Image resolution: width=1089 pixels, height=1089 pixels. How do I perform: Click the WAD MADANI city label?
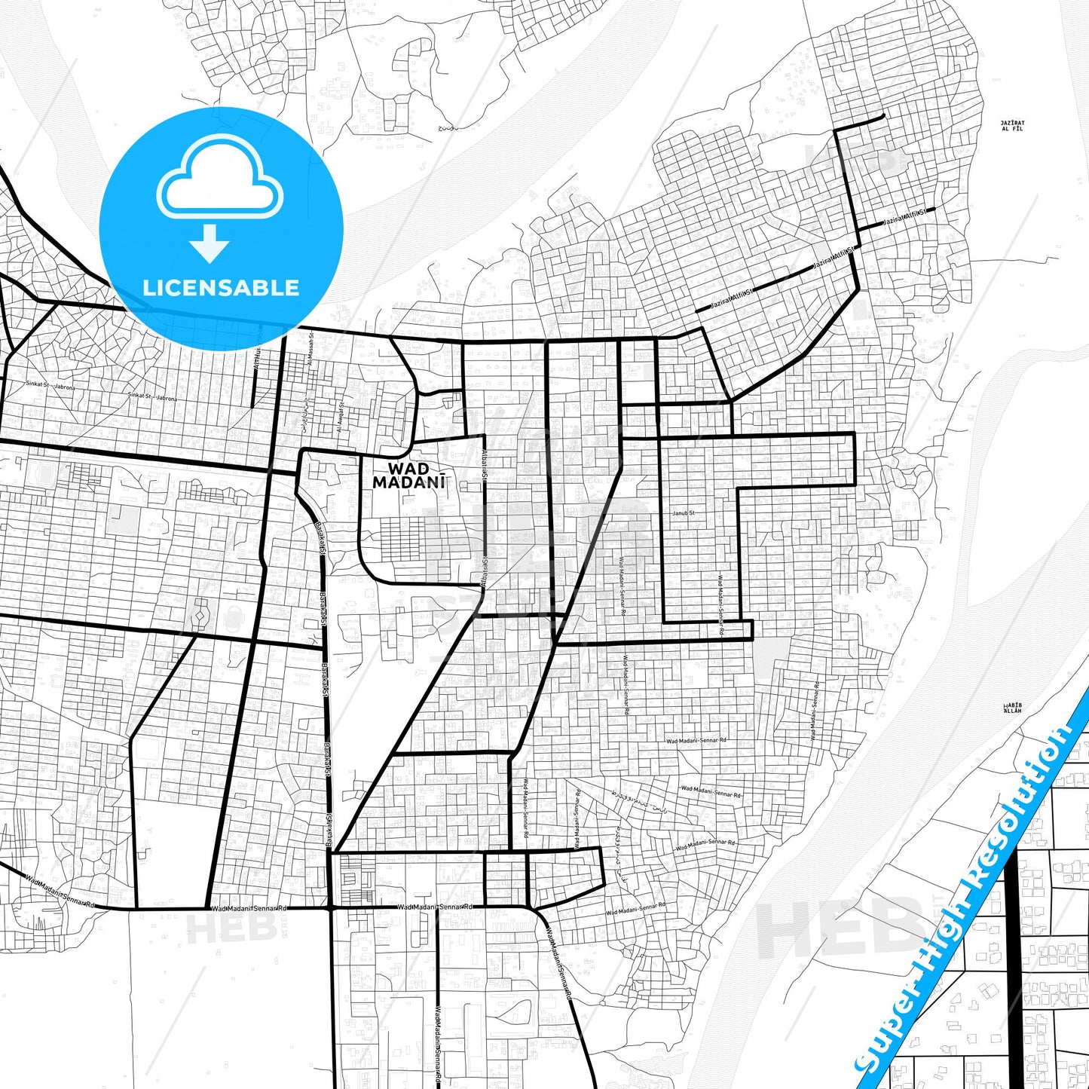[408, 477]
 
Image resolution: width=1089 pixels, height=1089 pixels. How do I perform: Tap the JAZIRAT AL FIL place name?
[1012, 125]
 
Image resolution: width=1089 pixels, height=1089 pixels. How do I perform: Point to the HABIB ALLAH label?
[1012, 708]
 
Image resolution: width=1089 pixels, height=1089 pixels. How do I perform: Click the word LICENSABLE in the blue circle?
[221, 287]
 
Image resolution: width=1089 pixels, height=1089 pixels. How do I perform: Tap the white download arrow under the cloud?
[210, 243]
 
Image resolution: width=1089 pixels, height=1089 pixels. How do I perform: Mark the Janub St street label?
[683, 513]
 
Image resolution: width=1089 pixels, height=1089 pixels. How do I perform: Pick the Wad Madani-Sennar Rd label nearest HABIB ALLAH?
[815, 712]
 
